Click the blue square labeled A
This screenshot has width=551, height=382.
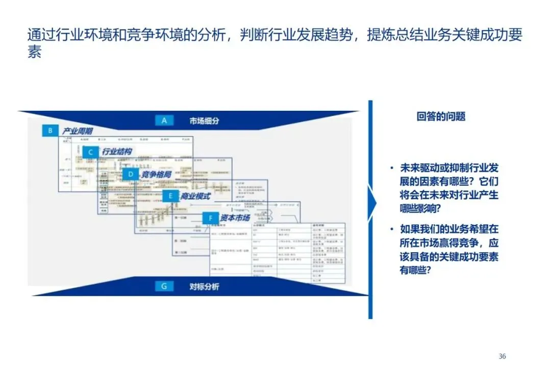(164, 121)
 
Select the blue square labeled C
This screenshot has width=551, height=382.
(90, 152)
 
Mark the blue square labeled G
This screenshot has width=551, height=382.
(164, 286)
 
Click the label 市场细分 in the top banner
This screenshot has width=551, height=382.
(205, 121)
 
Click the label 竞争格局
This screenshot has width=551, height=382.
(156, 175)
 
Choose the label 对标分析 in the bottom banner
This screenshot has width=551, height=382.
(204, 286)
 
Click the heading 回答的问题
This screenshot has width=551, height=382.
(441, 116)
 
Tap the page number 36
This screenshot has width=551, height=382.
(503, 356)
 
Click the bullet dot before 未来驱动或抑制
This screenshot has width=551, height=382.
(391, 168)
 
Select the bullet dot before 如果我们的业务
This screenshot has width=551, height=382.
(391, 229)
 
